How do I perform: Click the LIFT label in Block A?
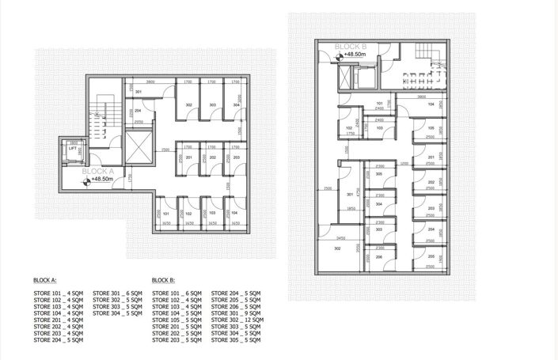73,148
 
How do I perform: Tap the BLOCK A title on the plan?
99,170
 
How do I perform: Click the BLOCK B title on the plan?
351,47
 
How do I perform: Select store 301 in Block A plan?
138,93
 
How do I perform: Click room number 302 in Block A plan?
189,105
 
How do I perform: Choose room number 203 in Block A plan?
236,157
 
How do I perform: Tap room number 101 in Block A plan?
166,214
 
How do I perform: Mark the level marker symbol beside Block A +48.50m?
85,180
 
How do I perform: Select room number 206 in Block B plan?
379,257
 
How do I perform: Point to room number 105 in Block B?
431,129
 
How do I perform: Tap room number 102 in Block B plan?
349,127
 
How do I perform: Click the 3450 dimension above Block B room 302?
341,237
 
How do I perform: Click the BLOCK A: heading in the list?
44,280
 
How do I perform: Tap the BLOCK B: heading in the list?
163,280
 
